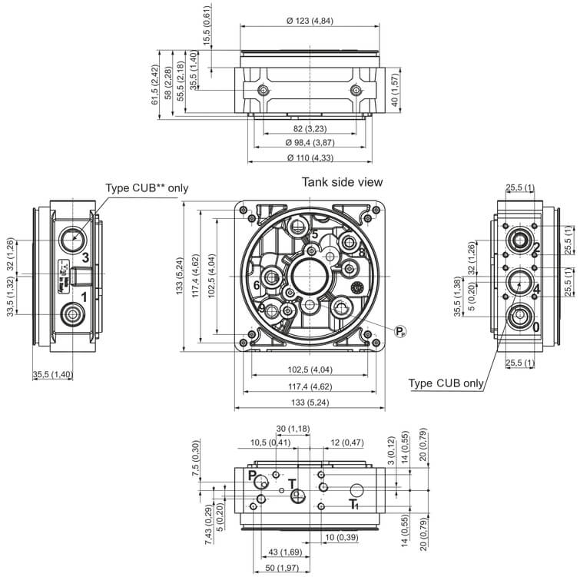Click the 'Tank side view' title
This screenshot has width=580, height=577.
coord(343,182)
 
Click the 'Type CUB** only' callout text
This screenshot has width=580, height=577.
coord(147,187)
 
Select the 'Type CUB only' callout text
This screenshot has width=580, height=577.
coord(446,383)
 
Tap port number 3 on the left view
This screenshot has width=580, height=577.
coord(85,257)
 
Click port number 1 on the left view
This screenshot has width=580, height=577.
coord(85,296)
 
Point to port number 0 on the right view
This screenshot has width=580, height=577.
coord(536,327)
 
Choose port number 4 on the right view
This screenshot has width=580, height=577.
coord(536,289)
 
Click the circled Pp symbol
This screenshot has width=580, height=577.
coord(399,332)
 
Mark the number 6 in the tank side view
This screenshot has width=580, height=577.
coord(256,285)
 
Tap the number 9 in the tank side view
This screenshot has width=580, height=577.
coord(261,309)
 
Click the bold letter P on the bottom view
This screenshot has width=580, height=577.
coord(252,476)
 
